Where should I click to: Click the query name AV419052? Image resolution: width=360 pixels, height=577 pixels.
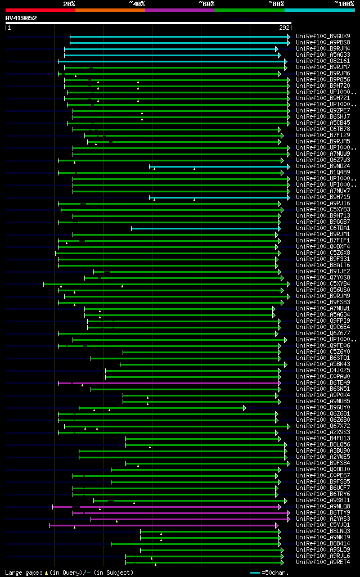pos(21,18)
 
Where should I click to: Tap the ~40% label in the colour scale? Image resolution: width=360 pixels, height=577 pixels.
pos(137,3)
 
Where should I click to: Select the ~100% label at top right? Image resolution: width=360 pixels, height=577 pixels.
pos(344,3)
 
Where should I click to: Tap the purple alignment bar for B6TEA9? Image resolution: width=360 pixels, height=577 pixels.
pos(169,382)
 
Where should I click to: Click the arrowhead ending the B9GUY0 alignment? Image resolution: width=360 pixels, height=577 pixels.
pos(245,407)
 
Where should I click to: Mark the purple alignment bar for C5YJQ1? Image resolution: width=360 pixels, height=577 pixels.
pos(163,525)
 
